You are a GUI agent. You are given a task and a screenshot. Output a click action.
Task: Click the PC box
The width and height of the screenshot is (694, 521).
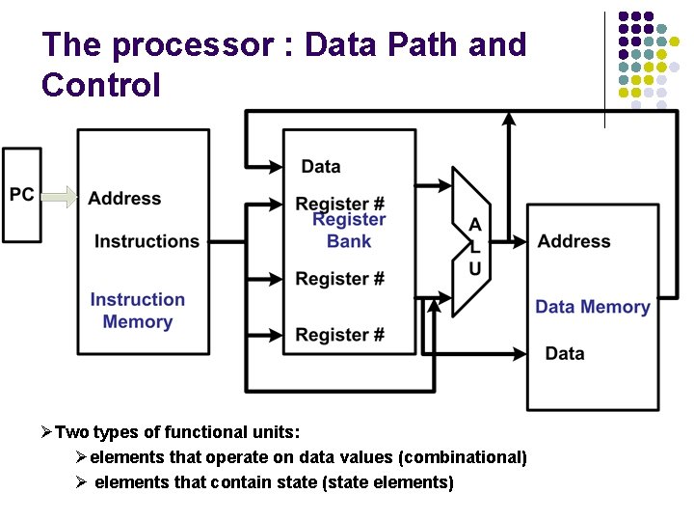coord(22,195)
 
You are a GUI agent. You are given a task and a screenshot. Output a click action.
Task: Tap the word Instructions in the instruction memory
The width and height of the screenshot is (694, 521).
coord(147,241)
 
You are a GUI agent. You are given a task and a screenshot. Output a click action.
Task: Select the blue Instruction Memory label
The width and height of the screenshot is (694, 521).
coord(137,311)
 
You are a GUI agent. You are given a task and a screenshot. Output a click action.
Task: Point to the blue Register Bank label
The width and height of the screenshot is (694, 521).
coord(348,231)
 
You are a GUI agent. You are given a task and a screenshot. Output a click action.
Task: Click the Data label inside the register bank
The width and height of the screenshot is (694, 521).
coord(320,166)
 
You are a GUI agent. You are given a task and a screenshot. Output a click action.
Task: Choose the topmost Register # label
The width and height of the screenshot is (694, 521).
coord(339,204)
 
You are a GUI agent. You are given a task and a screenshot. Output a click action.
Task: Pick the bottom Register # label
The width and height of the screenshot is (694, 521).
coord(339,335)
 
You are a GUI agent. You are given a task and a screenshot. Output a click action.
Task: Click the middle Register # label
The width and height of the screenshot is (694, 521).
coord(339,279)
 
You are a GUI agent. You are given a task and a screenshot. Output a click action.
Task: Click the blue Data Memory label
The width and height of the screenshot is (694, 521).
coord(592,307)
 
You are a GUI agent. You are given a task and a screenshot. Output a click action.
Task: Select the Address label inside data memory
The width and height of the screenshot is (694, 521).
coord(574,241)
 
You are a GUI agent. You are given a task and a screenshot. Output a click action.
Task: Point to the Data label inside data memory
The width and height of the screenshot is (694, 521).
coord(564,353)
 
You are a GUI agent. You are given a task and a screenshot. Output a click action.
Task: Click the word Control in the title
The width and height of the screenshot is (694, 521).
coord(101,85)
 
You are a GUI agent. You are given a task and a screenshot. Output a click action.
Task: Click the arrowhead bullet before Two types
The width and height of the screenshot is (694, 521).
coord(47,432)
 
